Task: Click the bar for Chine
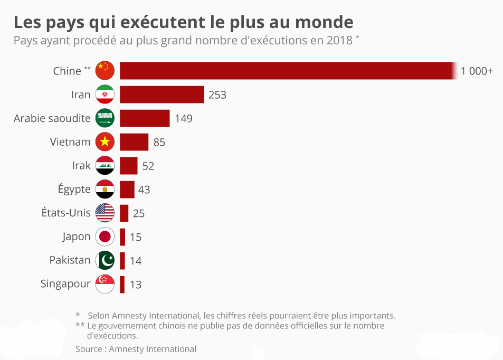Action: (x=288, y=71)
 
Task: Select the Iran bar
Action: (x=162, y=94)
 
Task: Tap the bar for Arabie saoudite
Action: (x=145, y=118)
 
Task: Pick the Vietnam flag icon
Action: (x=105, y=142)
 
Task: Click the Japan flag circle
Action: (x=105, y=236)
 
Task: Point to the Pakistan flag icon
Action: (x=105, y=260)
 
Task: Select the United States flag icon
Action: (x=105, y=213)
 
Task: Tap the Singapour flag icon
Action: (x=105, y=284)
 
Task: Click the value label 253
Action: (x=217, y=95)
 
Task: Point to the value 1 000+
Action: (x=477, y=71)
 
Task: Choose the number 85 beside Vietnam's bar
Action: (x=159, y=143)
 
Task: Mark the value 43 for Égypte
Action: (x=144, y=190)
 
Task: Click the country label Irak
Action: (x=81, y=166)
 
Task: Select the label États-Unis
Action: (x=66, y=213)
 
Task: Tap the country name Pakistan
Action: (x=70, y=260)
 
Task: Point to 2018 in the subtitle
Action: (x=339, y=40)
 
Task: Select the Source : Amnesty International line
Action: (x=136, y=349)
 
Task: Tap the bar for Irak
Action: (x=128, y=166)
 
